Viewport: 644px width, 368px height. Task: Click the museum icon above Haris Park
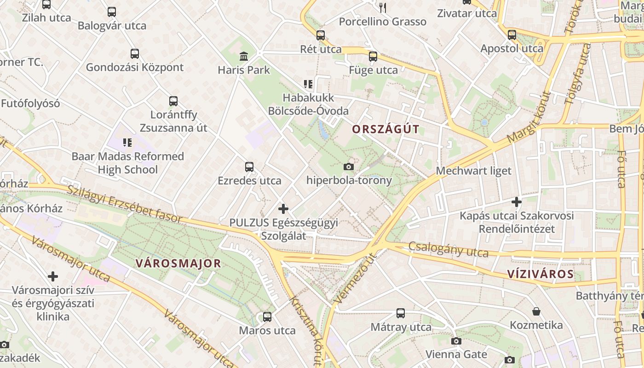click(244, 57)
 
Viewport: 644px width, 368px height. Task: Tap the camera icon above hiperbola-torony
click(349, 166)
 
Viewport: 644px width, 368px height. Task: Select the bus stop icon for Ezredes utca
click(249, 167)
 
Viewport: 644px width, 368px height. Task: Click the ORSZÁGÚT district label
click(385, 129)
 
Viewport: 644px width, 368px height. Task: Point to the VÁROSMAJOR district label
click(178, 264)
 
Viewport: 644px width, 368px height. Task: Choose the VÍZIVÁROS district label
click(540, 275)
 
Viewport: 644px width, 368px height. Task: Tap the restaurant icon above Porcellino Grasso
click(383, 7)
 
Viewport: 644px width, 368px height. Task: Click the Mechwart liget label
click(473, 171)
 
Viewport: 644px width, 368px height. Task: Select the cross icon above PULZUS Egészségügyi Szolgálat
click(283, 209)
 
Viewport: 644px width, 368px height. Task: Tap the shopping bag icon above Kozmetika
click(536, 311)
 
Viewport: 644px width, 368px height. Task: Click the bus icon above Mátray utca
click(401, 313)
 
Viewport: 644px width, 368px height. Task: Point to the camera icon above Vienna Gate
click(456, 341)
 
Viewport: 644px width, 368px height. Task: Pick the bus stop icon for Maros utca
click(267, 316)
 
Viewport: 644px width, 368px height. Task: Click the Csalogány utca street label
click(448, 249)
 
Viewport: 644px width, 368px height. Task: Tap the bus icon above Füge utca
click(373, 57)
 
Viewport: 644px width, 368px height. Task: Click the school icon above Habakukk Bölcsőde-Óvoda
click(308, 84)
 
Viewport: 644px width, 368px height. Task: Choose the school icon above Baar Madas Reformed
click(127, 143)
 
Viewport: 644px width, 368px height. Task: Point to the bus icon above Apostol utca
click(512, 34)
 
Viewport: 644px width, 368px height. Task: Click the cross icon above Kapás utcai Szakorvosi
click(517, 201)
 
